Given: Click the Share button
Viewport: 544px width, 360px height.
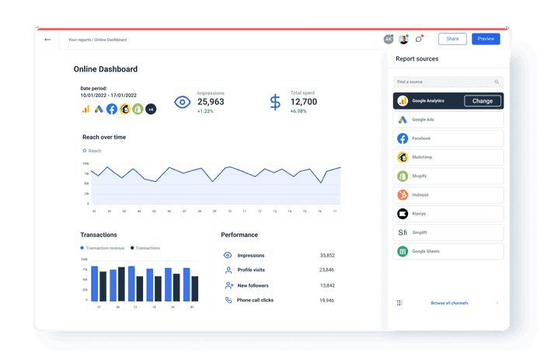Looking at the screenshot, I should coord(452,39).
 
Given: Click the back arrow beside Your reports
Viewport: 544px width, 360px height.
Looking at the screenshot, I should coord(47,40).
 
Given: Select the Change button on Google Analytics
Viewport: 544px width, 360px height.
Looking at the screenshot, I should coord(482,101).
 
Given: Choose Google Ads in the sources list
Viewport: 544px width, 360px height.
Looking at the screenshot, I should coord(448,120).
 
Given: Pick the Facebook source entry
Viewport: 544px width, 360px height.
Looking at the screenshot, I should coord(448,138).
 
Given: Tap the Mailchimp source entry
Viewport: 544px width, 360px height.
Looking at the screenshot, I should coord(448,157).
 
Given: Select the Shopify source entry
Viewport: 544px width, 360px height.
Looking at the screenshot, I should coord(448,176).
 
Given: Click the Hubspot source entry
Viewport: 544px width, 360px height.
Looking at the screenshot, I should coord(448,195).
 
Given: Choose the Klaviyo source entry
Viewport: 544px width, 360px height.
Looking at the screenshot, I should coord(448,214).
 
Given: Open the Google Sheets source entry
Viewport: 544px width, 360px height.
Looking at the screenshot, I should coord(448,251).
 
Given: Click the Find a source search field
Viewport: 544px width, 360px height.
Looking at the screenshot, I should coord(444,82).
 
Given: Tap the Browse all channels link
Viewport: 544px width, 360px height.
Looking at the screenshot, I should coord(448,302).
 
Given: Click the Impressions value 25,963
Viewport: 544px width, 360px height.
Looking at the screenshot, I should coord(211,102).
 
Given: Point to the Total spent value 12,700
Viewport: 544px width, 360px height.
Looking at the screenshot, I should coord(304,102).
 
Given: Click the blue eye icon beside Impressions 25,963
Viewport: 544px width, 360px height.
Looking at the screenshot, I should coord(183,102).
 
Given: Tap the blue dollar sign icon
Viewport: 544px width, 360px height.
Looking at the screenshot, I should coord(275,102).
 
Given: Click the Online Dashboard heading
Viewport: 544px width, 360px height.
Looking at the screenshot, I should coord(106,69).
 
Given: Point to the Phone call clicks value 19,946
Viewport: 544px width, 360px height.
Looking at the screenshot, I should coord(326,300).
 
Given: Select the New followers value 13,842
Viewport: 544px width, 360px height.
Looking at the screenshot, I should coord(326,285).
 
